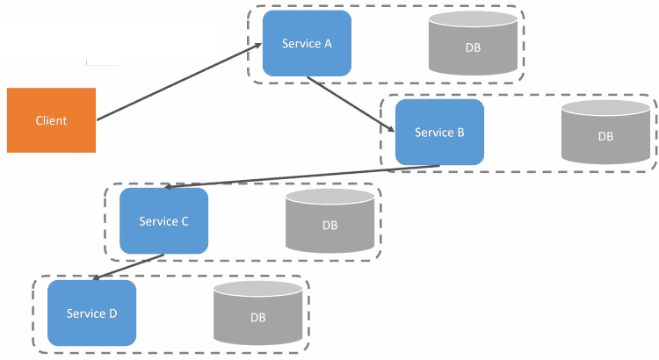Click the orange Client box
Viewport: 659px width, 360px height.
pyautogui.click(x=51, y=120)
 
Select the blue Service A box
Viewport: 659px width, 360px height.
pyautogui.click(x=307, y=44)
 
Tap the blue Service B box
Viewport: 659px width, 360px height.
pyautogui.click(x=439, y=133)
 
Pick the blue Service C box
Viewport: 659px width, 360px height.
pyautogui.click(x=163, y=221)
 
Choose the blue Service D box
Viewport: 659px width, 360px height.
pyautogui.click(x=91, y=313)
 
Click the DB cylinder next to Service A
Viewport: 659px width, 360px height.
pyautogui.click(x=473, y=46)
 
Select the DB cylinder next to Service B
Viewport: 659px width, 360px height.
pyautogui.click(x=605, y=133)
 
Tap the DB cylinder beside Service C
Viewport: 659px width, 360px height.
pyautogui.click(x=329, y=223)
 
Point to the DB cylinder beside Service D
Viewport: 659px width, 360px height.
pyautogui.click(x=257, y=313)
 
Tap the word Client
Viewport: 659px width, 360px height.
pyautogui.click(x=51, y=120)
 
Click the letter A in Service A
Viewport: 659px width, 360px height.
pyautogui.click(x=327, y=44)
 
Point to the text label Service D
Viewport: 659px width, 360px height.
pyautogui.click(x=91, y=313)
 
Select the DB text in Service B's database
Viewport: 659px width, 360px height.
pyautogui.click(x=605, y=137)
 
